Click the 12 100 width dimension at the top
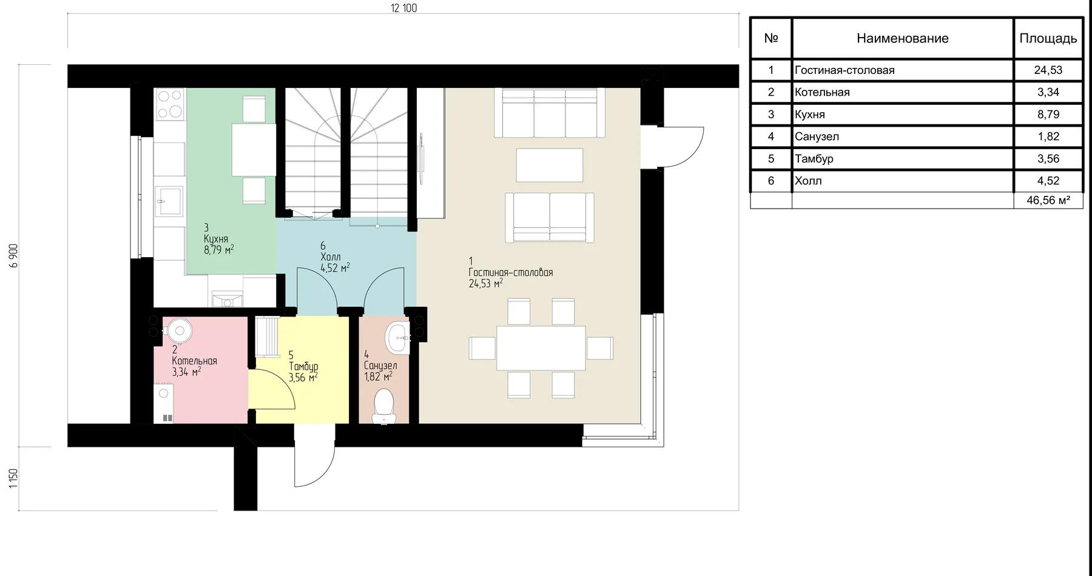coord(403,8)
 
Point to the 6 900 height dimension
coord(14,255)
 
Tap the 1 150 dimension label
coord(14,478)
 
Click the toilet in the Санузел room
coord(383,406)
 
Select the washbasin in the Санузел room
coord(398,337)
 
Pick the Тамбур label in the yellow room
coord(303,366)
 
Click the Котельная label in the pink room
coord(194,361)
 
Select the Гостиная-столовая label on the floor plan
coord(511,272)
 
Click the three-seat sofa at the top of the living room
coord(550,113)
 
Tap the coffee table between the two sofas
coord(550,165)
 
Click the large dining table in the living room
coord(541,348)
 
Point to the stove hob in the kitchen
coord(170,104)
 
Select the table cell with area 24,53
coord(1048,70)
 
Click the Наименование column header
coord(902,38)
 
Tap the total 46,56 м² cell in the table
coord(1048,201)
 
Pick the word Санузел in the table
coord(817,136)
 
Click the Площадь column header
coord(1048,38)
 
